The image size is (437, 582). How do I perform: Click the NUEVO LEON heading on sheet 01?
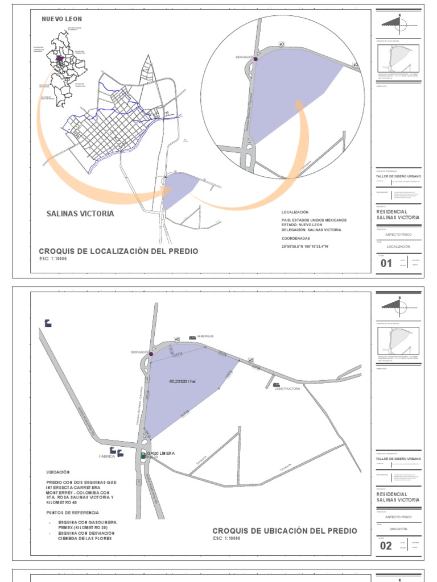click(62, 19)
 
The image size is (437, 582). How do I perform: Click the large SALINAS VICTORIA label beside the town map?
click(80, 214)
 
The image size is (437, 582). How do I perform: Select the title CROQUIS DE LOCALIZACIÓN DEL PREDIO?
click(118, 251)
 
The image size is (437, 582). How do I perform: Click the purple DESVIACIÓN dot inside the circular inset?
click(255, 59)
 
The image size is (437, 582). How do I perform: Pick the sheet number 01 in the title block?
click(386, 263)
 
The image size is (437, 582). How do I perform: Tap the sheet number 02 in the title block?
click(386, 546)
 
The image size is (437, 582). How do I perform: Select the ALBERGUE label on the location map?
click(205, 336)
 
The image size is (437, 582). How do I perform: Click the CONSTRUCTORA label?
click(287, 389)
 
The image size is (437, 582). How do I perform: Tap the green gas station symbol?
click(143, 455)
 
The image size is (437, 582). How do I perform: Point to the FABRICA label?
click(107, 456)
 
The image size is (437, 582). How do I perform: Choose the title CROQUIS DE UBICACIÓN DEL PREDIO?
click(285, 531)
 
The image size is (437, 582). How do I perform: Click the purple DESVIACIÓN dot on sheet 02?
click(151, 353)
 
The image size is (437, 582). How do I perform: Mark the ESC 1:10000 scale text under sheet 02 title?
click(231, 538)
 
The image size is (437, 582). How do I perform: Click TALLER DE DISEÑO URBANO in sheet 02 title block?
click(399, 458)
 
